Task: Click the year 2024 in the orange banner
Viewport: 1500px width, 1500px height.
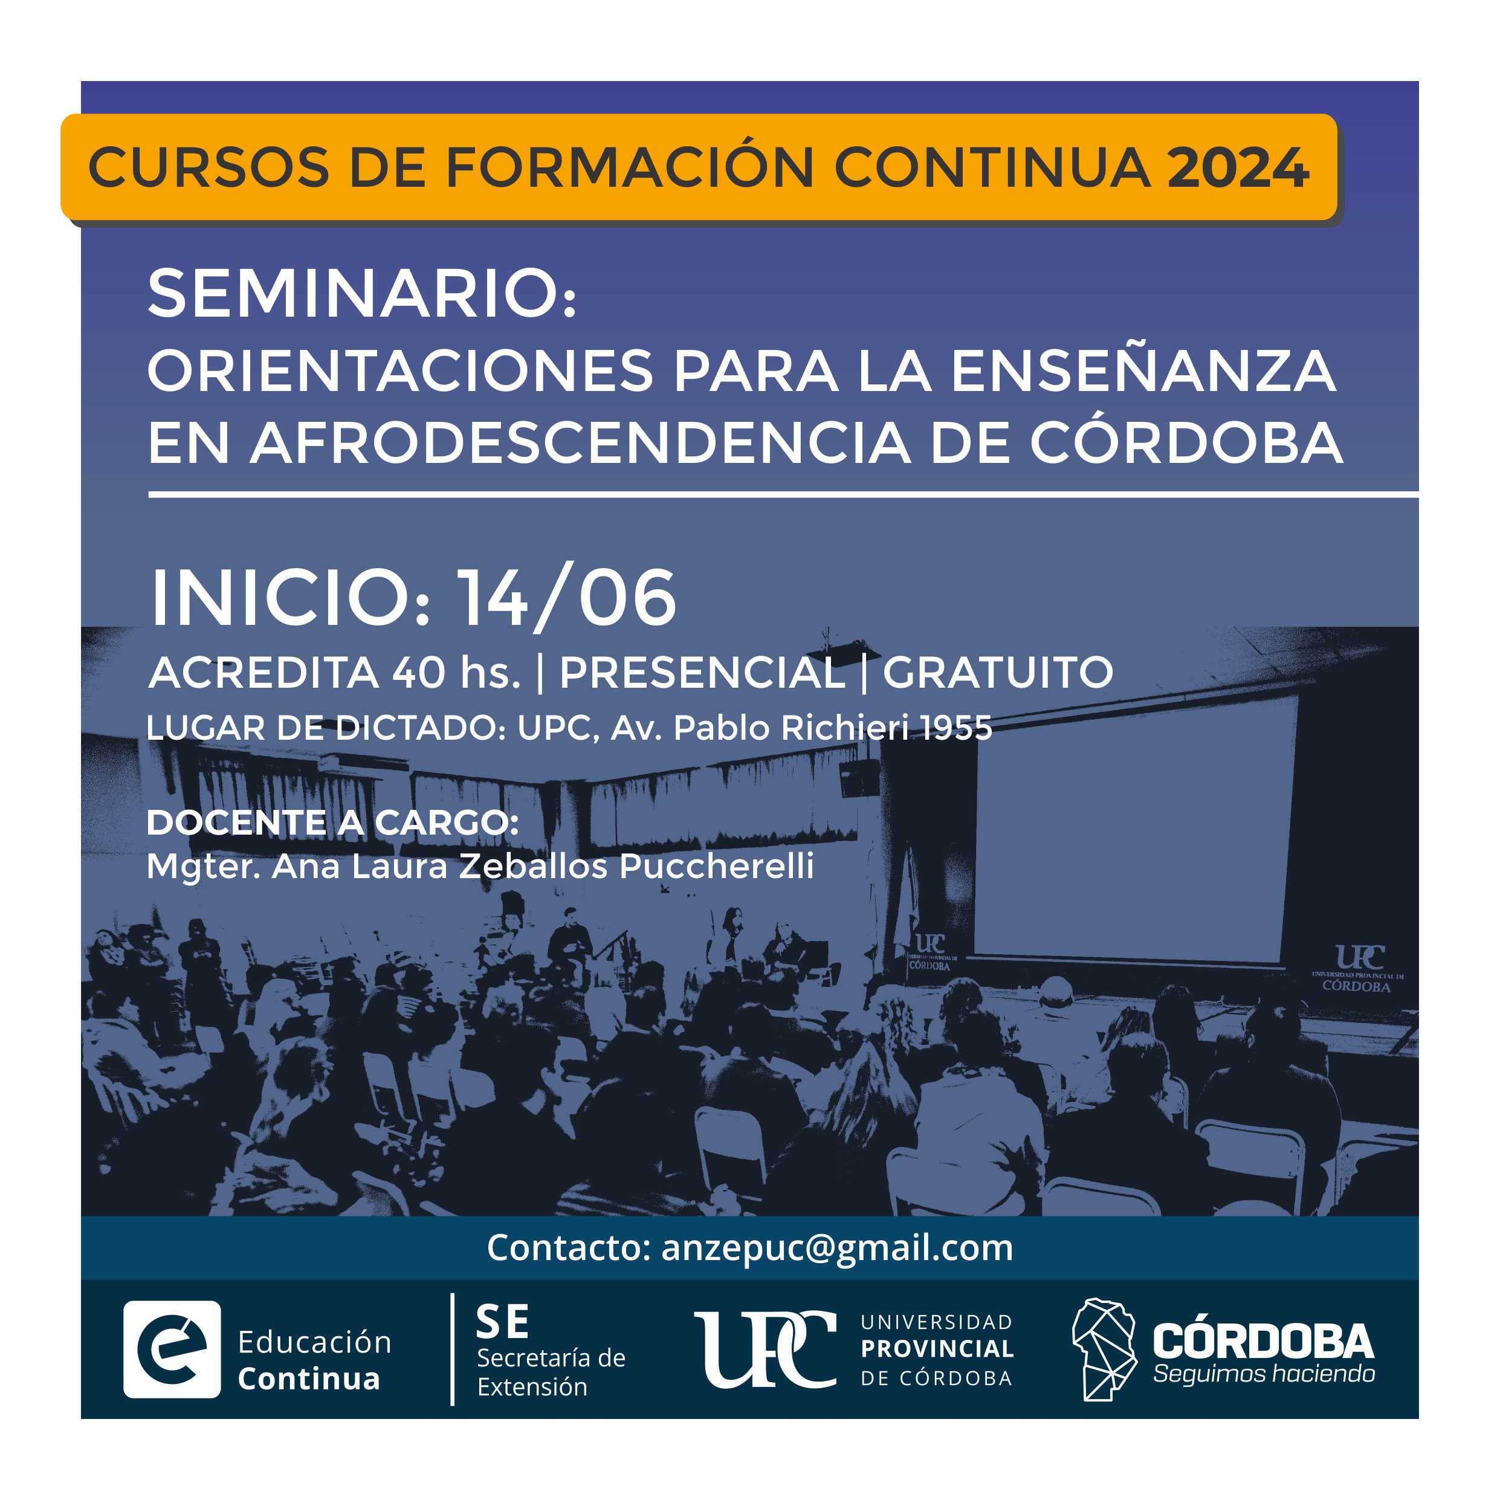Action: [x=1238, y=167]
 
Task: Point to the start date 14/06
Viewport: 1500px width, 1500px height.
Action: [x=566, y=598]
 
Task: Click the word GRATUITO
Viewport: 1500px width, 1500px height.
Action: [x=998, y=673]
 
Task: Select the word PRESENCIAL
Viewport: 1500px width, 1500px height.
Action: [x=702, y=673]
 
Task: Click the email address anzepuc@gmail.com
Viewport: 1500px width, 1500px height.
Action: [x=837, y=1247]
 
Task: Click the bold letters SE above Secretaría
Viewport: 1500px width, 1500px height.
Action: [x=503, y=1322]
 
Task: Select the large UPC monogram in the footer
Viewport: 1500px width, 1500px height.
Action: [x=765, y=1350]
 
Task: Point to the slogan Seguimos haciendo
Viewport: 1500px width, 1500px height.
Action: [x=1263, y=1374]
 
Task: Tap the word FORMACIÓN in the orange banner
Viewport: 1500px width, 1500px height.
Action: [x=630, y=166]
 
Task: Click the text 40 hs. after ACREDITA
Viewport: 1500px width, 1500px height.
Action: [x=456, y=673]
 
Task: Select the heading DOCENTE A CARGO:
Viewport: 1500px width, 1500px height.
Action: [x=332, y=823]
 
